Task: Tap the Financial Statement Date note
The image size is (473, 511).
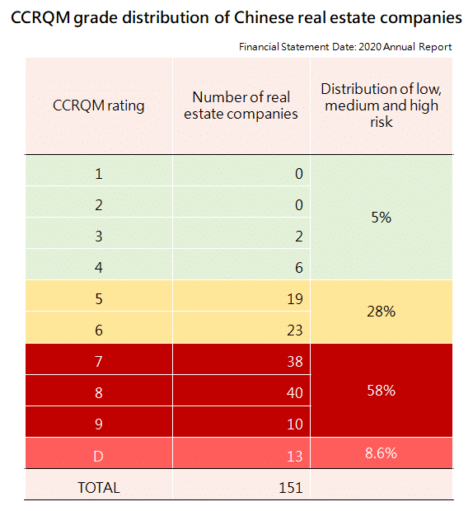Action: tap(345, 47)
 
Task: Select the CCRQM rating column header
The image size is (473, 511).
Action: tap(98, 105)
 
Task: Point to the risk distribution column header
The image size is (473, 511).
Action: tap(382, 105)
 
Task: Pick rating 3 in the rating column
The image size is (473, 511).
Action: tap(98, 236)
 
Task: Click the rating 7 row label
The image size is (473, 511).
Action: tap(98, 361)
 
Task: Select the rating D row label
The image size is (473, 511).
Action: tap(98, 455)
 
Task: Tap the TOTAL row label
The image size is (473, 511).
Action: tap(98, 487)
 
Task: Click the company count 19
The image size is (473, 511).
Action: tap(295, 299)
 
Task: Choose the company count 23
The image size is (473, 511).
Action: tap(295, 331)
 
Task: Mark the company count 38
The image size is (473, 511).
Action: tap(295, 361)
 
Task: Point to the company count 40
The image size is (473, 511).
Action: tap(295, 393)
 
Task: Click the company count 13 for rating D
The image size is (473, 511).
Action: tap(295, 455)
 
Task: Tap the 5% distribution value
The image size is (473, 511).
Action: tap(382, 218)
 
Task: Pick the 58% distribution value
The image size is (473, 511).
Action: tap(382, 390)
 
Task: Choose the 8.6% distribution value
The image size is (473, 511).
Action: tap(382, 452)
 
